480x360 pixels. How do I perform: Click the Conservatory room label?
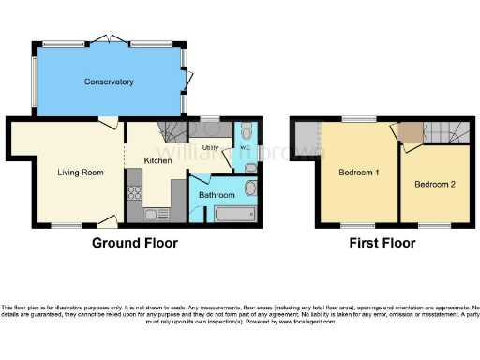[x=109, y=82]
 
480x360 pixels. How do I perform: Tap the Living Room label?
[x=80, y=172]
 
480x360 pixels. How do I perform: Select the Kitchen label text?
[x=157, y=161]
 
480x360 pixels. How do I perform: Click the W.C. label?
[x=245, y=147]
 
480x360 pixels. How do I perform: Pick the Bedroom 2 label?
[x=435, y=184]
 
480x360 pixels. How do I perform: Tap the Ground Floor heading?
[x=135, y=243]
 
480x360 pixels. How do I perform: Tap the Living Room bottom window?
[x=65, y=225]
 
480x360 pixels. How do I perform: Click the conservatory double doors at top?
[x=109, y=39]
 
